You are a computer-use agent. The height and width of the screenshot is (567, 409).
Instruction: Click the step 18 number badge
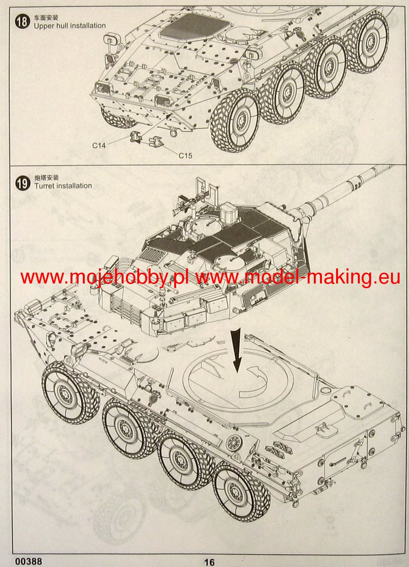[x=22, y=22]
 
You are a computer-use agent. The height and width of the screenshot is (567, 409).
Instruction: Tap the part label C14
[x=99, y=146]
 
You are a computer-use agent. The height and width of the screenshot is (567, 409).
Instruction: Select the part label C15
[x=186, y=155]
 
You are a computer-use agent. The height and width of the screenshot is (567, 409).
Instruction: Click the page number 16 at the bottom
[x=209, y=560]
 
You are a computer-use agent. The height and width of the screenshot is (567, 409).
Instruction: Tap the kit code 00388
[x=28, y=559]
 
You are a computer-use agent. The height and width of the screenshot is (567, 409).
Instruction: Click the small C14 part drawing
[x=136, y=137]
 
